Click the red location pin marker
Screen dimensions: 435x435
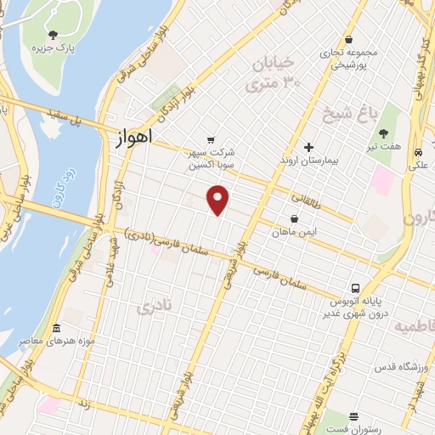tap(219, 199)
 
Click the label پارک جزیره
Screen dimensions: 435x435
tap(54, 48)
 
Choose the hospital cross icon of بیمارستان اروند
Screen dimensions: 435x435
tap(308, 147)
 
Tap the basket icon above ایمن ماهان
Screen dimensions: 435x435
tap(294, 218)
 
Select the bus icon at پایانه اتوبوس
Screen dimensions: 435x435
tap(356, 288)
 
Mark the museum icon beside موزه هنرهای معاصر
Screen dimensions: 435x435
tap(56, 328)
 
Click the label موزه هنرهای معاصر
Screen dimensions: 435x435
tap(56, 341)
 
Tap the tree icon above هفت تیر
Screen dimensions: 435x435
tap(383, 133)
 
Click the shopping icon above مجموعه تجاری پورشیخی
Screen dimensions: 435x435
tap(349, 39)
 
